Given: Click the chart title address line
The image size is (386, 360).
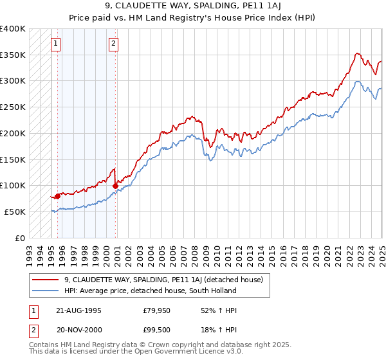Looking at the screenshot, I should pos(192,8).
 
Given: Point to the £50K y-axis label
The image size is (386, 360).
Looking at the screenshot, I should pos(14,212).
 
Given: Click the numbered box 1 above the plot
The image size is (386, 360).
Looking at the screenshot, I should pos(56,44).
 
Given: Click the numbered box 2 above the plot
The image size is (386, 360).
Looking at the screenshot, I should pos(113,44).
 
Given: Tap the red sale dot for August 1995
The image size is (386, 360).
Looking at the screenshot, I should pos(57,196).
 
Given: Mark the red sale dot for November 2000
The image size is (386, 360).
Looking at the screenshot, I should pos(116,186).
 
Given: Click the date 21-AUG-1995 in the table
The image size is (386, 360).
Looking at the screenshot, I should pos(78,310).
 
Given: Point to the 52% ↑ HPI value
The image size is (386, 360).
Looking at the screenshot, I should pos(217,310).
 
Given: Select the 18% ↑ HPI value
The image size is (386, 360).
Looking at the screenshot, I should pos(217,330).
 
